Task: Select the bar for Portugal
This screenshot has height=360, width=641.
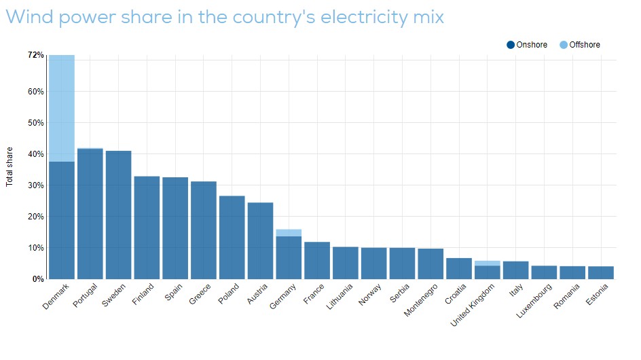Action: click(90, 213)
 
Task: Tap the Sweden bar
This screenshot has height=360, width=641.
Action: click(118, 215)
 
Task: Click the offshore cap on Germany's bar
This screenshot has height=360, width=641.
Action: click(289, 232)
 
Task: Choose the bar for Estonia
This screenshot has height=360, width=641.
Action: click(600, 272)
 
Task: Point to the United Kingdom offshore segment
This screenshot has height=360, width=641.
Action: click(487, 263)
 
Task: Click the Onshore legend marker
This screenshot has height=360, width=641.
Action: click(511, 45)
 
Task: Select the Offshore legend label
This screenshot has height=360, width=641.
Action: click(584, 45)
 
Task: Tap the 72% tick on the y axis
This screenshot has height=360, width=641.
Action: click(36, 54)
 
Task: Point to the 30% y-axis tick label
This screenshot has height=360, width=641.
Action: click(35, 185)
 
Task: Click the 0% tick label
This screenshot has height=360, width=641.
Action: click(38, 279)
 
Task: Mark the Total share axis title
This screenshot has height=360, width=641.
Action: click(10, 166)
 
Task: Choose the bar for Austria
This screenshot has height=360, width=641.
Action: click(260, 240)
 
